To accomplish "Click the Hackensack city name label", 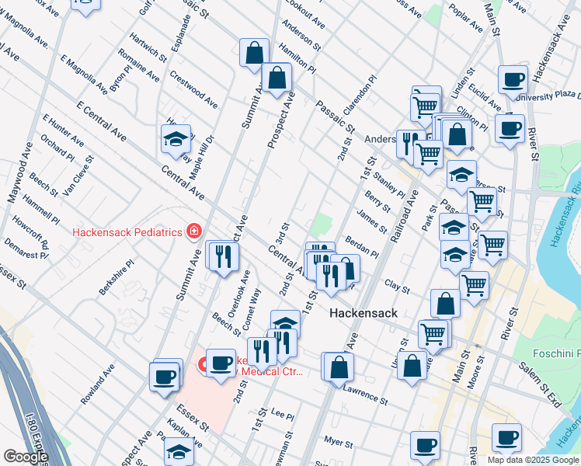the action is (364, 313).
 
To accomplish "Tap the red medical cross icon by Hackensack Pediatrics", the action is (193, 231).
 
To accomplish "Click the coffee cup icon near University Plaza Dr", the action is (512, 80).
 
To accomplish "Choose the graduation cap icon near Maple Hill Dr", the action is (176, 140).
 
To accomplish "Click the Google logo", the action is (25, 457).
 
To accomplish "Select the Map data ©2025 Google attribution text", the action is (533, 460).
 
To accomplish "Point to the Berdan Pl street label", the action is (362, 248).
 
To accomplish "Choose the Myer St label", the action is (339, 441).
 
